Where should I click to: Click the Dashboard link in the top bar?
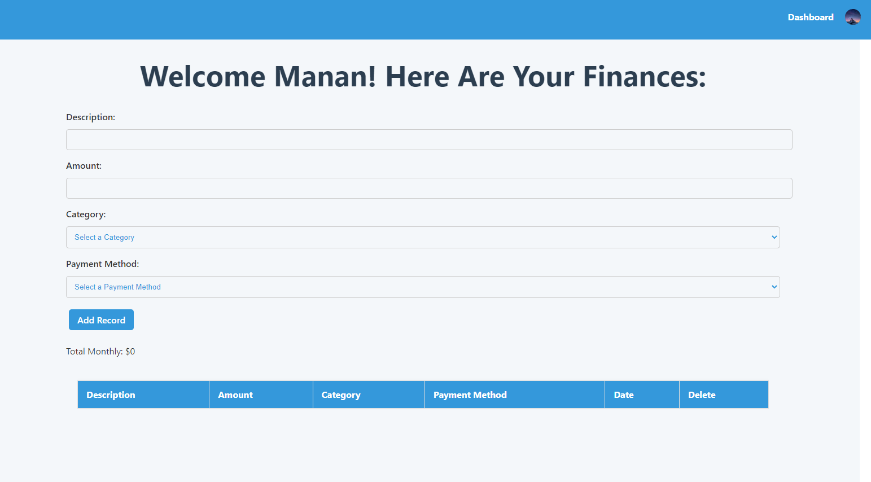click(x=810, y=17)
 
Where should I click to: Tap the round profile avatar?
click(x=852, y=17)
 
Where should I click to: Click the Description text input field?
click(x=429, y=140)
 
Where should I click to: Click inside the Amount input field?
click(x=429, y=189)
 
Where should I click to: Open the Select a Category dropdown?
click(x=423, y=238)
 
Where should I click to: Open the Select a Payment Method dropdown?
click(x=423, y=287)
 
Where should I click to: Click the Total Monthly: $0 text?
click(x=100, y=352)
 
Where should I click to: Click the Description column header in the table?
click(x=111, y=395)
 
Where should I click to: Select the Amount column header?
click(x=235, y=395)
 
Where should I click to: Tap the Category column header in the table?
click(x=341, y=395)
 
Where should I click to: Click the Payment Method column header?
click(x=470, y=395)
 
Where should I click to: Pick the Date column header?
click(x=624, y=395)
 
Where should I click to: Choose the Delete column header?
click(x=702, y=395)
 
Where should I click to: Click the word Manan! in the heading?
click(x=325, y=77)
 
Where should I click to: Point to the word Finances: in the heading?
click(x=644, y=77)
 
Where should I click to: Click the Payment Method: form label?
click(x=102, y=264)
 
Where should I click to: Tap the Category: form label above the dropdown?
click(x=86, y=214)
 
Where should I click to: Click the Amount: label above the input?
click(x=84, y=166)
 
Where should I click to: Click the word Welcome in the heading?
click(x=203, y=77)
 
